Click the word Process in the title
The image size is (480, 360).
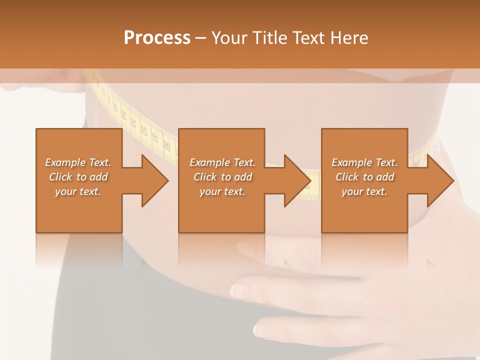[157, 38]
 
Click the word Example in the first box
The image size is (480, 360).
[65, 162]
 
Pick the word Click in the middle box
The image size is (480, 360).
[205, 177]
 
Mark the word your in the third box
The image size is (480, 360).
[352, 191]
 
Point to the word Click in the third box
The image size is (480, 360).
[347, 177]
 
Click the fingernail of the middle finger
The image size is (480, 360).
[239, 290]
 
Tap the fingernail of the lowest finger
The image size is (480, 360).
[262, 330]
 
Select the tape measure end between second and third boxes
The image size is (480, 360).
[312, 185]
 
